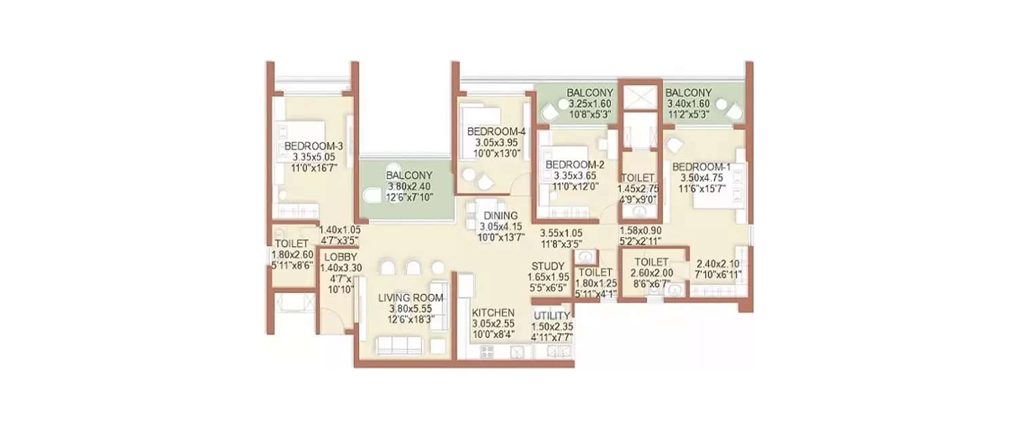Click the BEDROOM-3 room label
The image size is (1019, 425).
(x=313, y=146)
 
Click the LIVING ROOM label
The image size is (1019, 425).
(x=410, y=298)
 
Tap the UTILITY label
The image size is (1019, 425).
(x=552, y=316)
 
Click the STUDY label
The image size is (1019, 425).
(x=548, y=266)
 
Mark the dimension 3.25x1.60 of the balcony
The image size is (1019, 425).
(x=590, y=104)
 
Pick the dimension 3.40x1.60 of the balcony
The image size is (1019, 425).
(x=688, y=104)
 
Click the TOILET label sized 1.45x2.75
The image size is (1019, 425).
(x=637, y=178)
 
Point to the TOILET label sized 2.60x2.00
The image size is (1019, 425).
(x=651, y=262)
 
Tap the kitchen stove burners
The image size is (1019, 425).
(x=487, y=352)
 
